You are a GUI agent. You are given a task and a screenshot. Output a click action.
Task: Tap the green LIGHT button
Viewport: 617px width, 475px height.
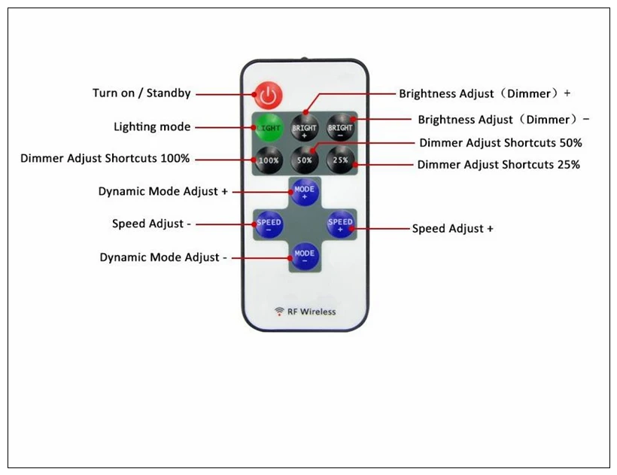click(269, 127)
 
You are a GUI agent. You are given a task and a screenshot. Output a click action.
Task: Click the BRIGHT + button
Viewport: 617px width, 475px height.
click(304, 127)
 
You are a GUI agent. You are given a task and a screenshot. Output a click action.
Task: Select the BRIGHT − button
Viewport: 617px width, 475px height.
click(340, 127)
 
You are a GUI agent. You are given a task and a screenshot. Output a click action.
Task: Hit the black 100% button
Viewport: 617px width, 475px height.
click(269, 160)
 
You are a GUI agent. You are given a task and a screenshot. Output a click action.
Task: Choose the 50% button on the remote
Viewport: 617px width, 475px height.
click(304, 160)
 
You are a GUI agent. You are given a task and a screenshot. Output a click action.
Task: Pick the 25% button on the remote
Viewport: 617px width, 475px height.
click(340, 160)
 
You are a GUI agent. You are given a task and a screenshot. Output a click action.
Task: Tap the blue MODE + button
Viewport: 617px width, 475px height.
click(305, 192)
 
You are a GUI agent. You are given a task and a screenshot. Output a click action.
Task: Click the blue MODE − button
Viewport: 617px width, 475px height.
click(305, 256)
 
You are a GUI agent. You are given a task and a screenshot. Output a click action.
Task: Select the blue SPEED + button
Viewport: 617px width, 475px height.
click(340, 224)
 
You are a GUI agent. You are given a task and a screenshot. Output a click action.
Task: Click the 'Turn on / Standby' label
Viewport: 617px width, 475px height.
click(141, 93)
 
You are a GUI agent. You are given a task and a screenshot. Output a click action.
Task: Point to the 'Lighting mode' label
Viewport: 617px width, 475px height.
click(152, 126)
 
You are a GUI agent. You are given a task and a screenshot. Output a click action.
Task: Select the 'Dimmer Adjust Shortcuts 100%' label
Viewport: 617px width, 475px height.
click(105, 158)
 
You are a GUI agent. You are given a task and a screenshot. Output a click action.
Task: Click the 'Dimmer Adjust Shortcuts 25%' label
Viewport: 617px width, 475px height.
click(499, 165)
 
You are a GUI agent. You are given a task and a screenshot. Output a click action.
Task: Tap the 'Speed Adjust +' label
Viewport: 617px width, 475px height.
click(452, 229)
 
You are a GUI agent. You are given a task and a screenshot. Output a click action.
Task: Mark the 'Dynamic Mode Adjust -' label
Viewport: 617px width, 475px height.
click(163, 257)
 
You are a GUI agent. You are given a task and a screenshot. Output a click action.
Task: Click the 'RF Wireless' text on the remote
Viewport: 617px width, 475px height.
click(312, 312)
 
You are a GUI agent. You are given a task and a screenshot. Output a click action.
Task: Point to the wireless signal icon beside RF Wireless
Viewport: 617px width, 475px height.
click(279, 312)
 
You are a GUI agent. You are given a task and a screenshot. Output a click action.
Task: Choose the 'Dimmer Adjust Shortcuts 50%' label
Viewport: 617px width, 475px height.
click(500, 143)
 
